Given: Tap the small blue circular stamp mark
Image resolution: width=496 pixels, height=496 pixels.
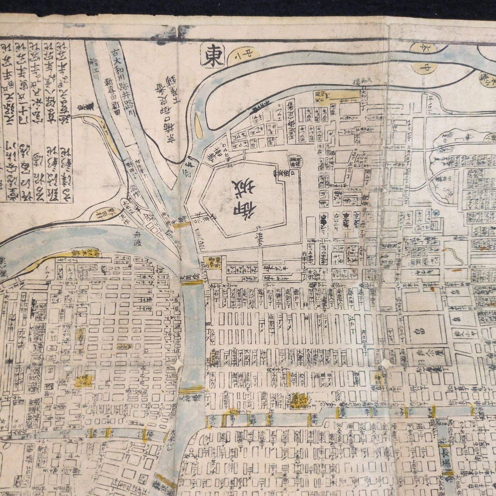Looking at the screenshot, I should (436, 213).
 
